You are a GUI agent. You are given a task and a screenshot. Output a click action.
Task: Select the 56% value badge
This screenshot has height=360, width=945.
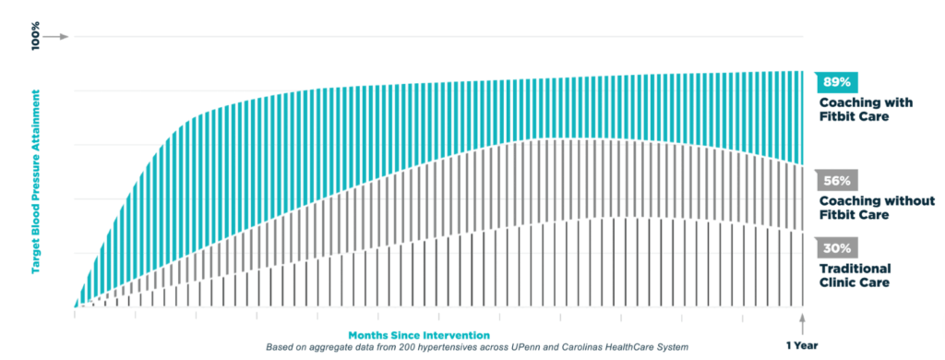coord(836,180)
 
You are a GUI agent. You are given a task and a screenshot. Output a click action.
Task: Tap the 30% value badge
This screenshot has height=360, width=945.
coord(836,247)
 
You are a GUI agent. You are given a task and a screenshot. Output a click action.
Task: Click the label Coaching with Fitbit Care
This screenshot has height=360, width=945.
coord(866,110)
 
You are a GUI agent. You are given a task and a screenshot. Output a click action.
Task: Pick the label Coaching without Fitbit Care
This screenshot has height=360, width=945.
coord(877,208)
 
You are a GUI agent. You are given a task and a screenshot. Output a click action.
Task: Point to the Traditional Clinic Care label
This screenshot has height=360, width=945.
coord(855,275)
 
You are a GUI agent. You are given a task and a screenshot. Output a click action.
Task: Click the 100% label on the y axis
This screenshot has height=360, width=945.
coord(36,36)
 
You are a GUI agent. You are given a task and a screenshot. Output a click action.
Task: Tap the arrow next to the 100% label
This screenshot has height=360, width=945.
coord(56,37)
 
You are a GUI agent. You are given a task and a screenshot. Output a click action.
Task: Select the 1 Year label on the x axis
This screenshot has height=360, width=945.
coord(802,345)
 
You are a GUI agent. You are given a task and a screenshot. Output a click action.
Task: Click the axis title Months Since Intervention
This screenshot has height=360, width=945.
coord(419,335)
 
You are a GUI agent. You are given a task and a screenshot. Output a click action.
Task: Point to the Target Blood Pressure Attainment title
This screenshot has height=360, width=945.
coord(36,181)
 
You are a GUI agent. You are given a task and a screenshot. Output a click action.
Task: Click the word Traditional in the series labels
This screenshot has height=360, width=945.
coord(855,269)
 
